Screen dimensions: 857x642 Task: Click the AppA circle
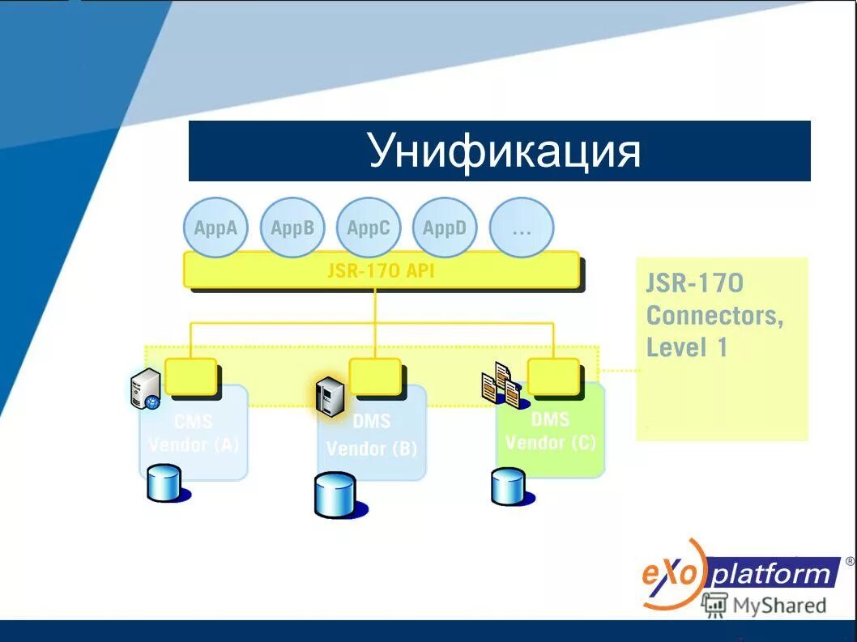tap(215, 228)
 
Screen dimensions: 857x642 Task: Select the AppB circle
tap(292, 228)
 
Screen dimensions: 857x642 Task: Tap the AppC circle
tap(369, 228)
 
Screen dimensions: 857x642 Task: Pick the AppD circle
tap(445, 228)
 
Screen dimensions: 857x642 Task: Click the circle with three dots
tap(522, 228)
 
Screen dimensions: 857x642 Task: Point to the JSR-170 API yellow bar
tap(381, 270)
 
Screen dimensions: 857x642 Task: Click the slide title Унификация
tap(504, 151)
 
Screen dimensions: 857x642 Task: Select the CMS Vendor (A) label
tap(194, 433)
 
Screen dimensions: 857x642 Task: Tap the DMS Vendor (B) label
tap(372, 436)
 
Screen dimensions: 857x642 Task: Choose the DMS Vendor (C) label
tap(550, 432)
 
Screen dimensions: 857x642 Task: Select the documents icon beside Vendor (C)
tap(501, 385)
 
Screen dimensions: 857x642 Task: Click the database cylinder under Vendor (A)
tap(164, 484)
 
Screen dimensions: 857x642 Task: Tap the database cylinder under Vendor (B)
tap(335, 495)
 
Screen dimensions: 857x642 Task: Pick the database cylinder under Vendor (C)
tap(508, 487)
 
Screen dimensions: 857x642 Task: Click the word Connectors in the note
tap(714, 316)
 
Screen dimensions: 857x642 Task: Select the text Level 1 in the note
tap(687, 348)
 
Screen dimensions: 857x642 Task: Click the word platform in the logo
tap(773, 575)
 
